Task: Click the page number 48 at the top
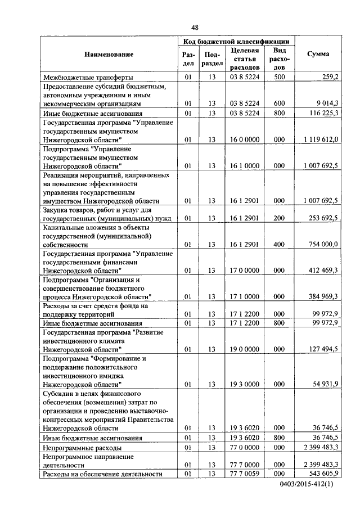(195, 28)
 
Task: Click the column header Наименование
(109, 54)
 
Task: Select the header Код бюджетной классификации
(236, 41)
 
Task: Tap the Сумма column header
(318, 54)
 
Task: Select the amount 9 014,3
(325, 103)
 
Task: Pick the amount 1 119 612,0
(320, 139)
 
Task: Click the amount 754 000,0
(322, 244)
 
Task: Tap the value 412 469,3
(322, 270)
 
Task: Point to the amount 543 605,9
(322, 474)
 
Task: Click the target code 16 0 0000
(244, 139)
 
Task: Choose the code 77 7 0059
(244, 474)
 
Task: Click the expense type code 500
(278, 77)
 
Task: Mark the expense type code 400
(278, 244)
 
